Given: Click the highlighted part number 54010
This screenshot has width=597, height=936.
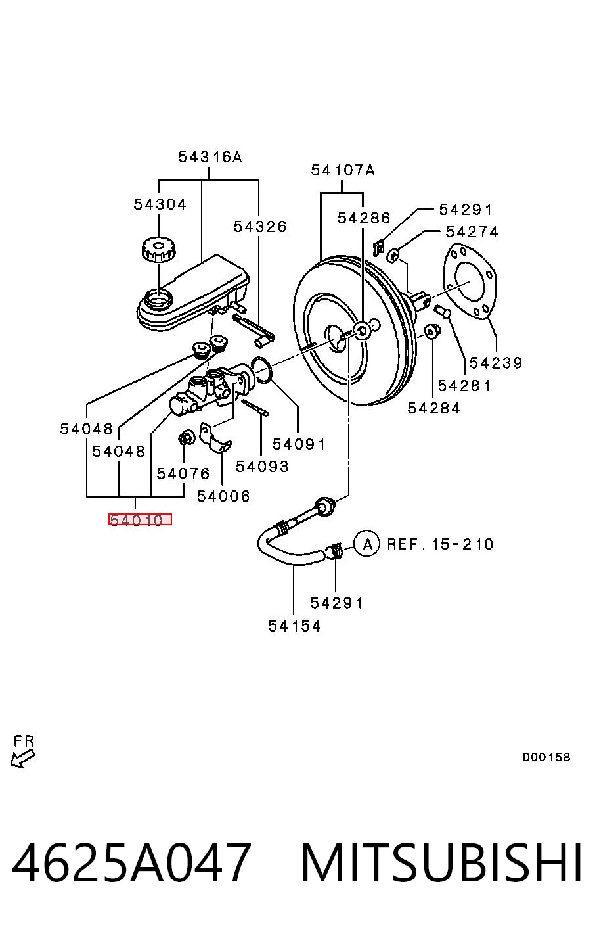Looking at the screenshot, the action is (x=140, y=519).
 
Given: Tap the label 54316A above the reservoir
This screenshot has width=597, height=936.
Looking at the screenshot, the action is (x=210, y=157).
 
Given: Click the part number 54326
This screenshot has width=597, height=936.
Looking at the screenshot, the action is (x=259, y=227).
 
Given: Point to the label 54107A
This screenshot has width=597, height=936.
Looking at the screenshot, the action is (x=343, y=170).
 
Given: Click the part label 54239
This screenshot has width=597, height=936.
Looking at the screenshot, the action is (x=496, y=363).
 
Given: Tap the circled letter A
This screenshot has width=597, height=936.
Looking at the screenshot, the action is (x=367, y=544).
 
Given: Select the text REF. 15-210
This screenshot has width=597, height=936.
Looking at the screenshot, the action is (x=440, y=544).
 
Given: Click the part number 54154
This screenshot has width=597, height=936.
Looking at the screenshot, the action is (x=294, y=626).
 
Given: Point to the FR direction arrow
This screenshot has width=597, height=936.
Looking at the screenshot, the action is (x=23, y=758).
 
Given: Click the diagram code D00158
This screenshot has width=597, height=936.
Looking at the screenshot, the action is (x=546, y=757).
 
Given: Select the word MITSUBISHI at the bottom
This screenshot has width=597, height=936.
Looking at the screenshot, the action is (x=441, y=863).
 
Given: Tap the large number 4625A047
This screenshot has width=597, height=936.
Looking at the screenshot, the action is (x=131, y=863).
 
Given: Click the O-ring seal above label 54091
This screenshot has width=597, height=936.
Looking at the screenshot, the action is (x=262, y=369).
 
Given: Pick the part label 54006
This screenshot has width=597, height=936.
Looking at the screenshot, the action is (x=223, y=496).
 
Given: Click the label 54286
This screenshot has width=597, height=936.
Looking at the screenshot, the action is (x=364, y=218).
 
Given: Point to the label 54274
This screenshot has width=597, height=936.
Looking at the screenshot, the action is (x=472, y=231).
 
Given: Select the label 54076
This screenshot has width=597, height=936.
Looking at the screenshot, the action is (x=183, y=473).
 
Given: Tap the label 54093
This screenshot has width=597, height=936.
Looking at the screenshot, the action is (x=262, y=466).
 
